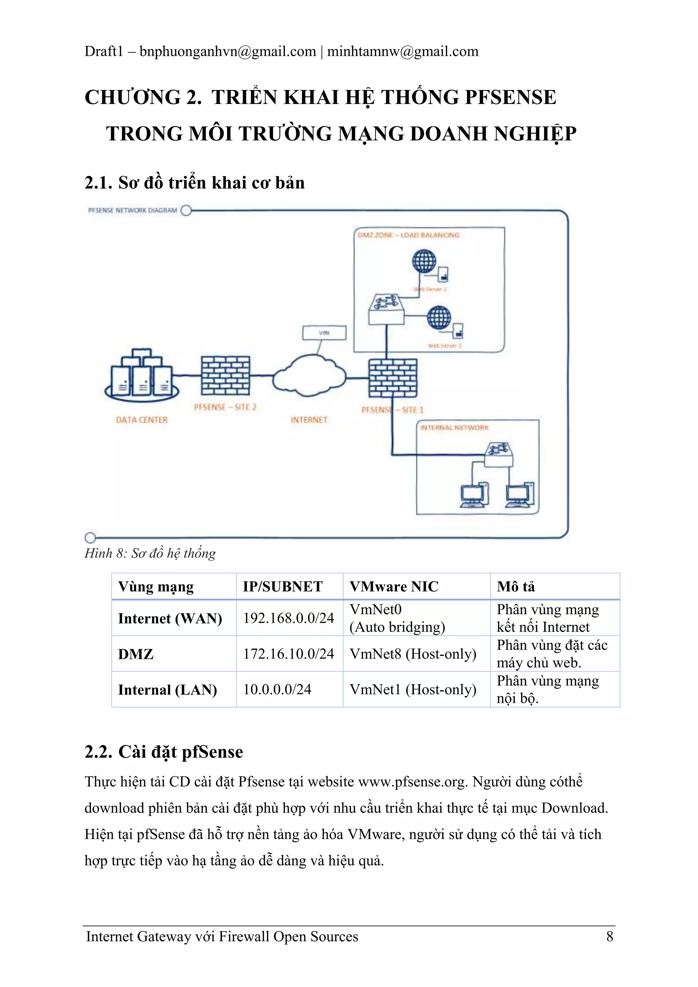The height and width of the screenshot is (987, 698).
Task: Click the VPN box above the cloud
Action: click(324, 333)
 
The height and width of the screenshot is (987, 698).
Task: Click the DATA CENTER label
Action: click(141, 420)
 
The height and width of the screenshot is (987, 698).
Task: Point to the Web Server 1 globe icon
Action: click(424, 261)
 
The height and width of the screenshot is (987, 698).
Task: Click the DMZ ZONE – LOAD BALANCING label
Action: click(408, 235)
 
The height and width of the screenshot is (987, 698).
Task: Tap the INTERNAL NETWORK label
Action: click(454, 428)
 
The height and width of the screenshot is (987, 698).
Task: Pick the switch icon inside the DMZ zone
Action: click(386, 309)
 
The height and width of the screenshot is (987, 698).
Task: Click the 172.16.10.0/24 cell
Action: click(289, 654)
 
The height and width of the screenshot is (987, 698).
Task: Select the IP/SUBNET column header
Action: click(283, 587)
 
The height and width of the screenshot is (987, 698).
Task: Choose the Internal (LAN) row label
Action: click(167, 690)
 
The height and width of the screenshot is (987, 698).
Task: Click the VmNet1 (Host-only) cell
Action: click(413, 690)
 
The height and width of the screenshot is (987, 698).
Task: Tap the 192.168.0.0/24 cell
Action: click(289, 618)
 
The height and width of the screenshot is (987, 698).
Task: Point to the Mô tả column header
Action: click(516, 587)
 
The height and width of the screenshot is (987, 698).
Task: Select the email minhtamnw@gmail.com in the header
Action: click(403, 51)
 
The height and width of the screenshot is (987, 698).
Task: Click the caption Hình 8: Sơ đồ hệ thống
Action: click(150, 553)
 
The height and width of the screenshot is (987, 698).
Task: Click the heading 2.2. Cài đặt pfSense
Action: click(164, 752)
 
